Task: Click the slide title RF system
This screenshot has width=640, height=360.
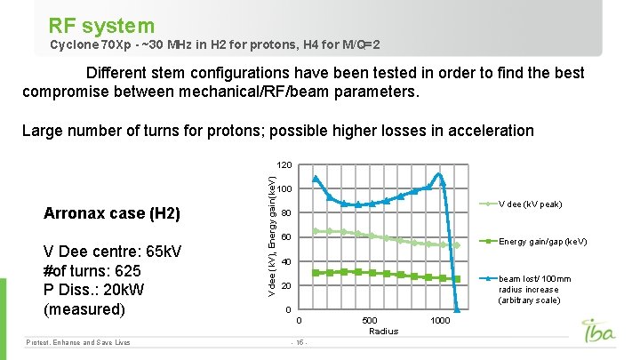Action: (x=101, y=26)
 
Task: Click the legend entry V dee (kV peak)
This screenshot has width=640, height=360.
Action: (x=530, y=204)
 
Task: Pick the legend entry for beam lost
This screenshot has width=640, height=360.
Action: (x=529, y=289)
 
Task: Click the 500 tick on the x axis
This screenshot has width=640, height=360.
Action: (x=369, y=320)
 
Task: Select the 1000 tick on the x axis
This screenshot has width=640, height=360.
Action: (x=439, y=320)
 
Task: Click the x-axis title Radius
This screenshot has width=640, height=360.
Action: (x=383, y=332)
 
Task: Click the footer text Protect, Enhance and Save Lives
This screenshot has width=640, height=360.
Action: (x=78, y=342)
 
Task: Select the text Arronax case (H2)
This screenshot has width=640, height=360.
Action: (x=112, y=214)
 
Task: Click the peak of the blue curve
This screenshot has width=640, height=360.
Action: (x=439, y=174)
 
